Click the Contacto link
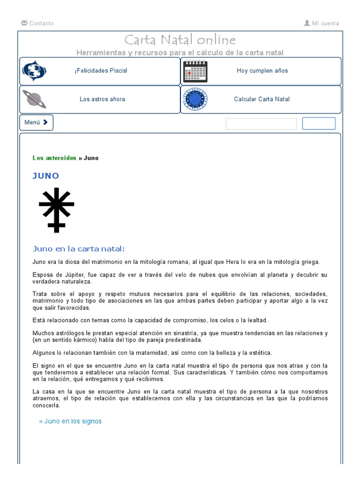coord(41,23)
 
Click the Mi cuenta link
coord(325,23)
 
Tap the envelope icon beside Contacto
coord(24,23)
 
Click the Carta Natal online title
coord(180,40)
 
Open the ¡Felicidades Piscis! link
coord(100,71)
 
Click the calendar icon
coord(195,71)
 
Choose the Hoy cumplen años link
coord(262,71)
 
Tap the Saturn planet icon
coord(34,99)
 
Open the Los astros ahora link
coord(102,99)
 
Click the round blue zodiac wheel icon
coord(195,99)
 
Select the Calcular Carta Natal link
coord(262,99)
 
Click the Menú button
coord(36,122)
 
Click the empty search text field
coord(261,124)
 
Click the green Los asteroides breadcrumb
coord(54,158)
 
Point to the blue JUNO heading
coord(46,176)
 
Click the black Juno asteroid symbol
coord(56,210)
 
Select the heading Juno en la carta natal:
coord(79,248)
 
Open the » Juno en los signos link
coord(70,421)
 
